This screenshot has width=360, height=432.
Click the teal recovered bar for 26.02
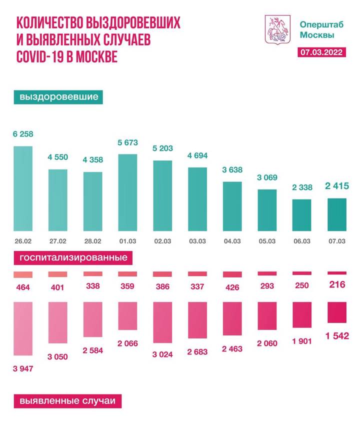coord(22,187)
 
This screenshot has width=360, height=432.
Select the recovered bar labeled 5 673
coord(127,191)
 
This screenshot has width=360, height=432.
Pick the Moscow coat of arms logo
coord(276,29)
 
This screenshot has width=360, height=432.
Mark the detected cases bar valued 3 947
coord(22,330)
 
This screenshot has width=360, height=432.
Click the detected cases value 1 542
coord(337,335)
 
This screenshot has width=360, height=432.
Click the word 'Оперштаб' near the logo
coord(317,23)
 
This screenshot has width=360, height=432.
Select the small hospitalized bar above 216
coord(337,273)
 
